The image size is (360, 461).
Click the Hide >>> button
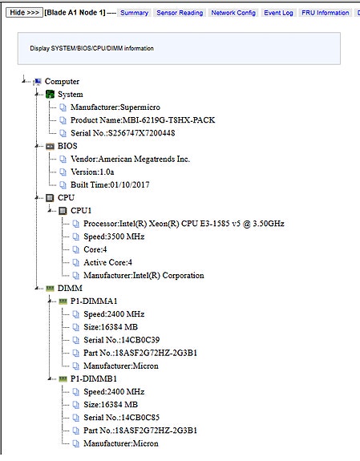pyautogui.click(x=24, y=12)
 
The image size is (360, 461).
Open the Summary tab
pyautogui.click(x=134, y=13)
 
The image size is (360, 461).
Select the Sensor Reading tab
pyautogui.click(x=180, y=13)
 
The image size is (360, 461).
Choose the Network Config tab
pyautogui.click(x=233, y=13)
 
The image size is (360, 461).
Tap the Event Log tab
pyautogui.click(x=278, y=13)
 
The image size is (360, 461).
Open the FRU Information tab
pyautogui.click(x=325, y=13)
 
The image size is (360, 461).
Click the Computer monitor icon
pyautogui.click(x=38, y=82)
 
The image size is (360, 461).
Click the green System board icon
pyautogui.click(x=51, y=95)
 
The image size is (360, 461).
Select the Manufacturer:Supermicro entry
pyautogui.click(x=115, y=107)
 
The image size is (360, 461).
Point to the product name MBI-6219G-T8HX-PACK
pyautogui.click(x=168, y=120)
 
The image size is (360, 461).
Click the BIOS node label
pyautogui.click(x=67, y=146)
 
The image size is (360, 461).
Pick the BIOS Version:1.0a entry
pyautogui.click(x=92, y=172)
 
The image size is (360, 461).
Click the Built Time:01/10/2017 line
pyautogui.click(x=110, y=184)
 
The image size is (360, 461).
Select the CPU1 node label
pyautogui.click(x=81, y=211)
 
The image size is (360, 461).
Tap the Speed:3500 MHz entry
pyautogui.click(x=114, y=237)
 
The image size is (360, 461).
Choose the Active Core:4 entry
pyautogui.click(x=107, y=262)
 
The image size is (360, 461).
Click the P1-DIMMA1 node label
pyautogui.click(x=94, y=301)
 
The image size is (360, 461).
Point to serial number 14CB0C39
pyautogui.click(x=140, y=340)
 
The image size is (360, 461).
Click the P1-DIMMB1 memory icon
pyautogui.click(x=63, y=378)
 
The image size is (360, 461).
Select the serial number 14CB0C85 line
pyautogui.click(x=122, y=418)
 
